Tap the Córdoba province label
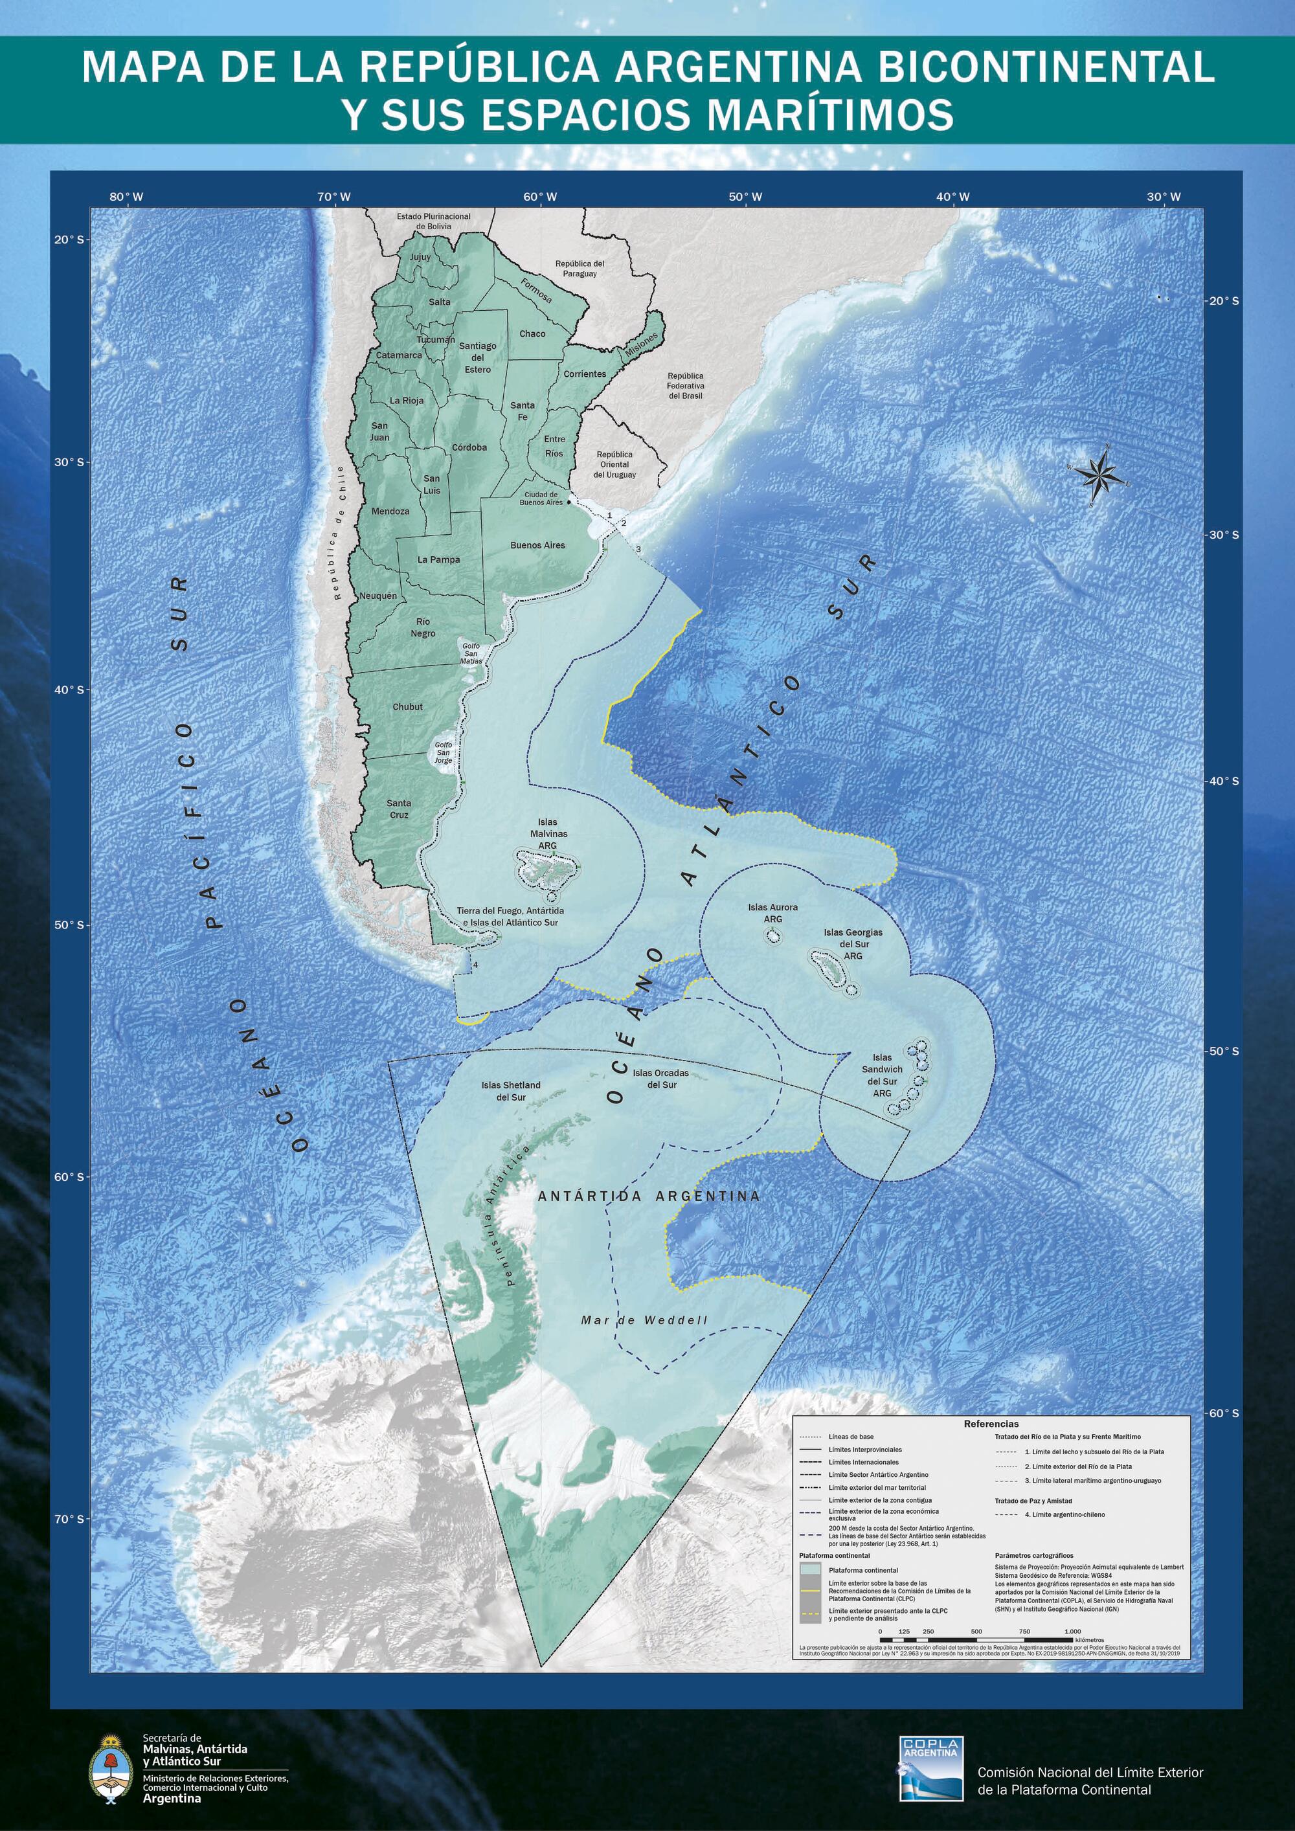(469, 447)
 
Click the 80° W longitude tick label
(127, 197)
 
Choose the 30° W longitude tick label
(1164, 197)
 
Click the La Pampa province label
(438, 560)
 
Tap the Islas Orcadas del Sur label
(661, 1078)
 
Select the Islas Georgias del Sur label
(853, 943)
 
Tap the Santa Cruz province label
(399, 809)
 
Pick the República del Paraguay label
(580, 268)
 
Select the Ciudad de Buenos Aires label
(541, 499)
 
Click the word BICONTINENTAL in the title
(1046, 68)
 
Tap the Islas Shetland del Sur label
(510, 1091)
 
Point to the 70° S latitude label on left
(69, 1519)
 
